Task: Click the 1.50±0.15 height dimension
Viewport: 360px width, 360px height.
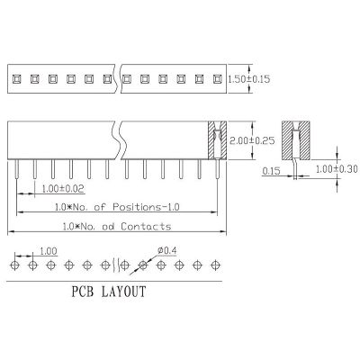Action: tap(249, 79)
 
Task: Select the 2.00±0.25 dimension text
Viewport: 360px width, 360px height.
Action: tap(252, 140)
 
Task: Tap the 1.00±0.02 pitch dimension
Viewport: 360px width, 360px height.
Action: tap(63, 189)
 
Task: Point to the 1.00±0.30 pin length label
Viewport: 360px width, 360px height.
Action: tap(337, 169)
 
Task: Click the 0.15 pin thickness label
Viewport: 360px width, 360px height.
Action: tap(271, 171)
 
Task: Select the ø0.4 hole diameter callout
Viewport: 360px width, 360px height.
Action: tap(166, 250)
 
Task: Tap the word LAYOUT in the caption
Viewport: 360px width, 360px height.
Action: tap(123, 292)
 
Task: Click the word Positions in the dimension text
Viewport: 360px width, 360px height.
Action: tap(137, 207)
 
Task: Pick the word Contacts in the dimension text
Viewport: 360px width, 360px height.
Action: tap(146, 226)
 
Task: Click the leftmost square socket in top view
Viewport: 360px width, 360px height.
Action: tap(16, 79)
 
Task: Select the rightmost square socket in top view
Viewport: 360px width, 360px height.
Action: tap(217, 79)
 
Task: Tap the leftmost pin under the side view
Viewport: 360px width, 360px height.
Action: tap(16, 169)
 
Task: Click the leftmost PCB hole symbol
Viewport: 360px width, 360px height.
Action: tap(14, 265)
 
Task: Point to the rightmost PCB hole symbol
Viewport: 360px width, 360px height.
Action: tap(215, 265)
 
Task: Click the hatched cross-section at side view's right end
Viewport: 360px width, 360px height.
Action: tap(218, 140)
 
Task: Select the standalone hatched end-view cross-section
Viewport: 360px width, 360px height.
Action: tap(295, 140)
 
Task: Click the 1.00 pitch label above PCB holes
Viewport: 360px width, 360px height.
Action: tap(49, 251)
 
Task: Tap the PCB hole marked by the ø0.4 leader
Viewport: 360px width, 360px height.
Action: tap(143, 265)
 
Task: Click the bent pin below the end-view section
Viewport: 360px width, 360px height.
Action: tap(295, 169)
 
